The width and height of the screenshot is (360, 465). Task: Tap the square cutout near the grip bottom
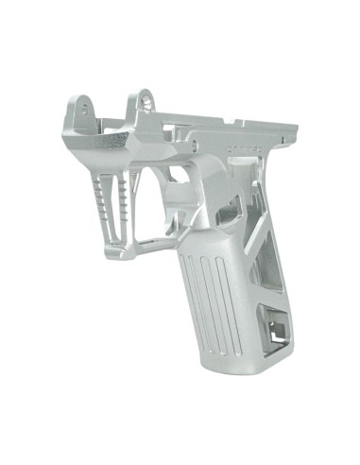point(276,327)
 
